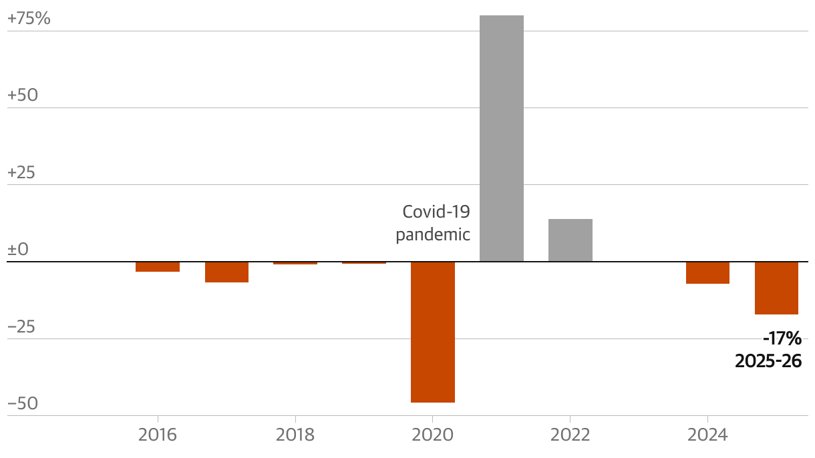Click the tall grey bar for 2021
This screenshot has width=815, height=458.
coord(502,138)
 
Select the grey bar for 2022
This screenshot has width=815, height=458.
coord(570,240)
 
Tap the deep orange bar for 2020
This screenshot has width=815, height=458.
coord(433,332)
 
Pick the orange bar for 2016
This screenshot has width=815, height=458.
coord(158,266)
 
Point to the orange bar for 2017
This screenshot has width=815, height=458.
coord(226,272)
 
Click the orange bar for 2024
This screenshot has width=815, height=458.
coord(707,272)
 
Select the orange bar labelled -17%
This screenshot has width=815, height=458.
coord(776,288)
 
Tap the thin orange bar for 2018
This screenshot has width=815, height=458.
coord(295,263)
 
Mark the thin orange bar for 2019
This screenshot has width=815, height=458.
coord(364,262)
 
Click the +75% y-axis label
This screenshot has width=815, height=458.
coord(29,19)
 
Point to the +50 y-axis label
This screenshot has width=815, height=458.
coord(23,95)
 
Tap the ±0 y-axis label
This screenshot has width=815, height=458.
coord(18,250)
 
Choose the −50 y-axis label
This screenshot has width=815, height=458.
coord(23,404)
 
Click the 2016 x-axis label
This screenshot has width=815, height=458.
coord(158,435)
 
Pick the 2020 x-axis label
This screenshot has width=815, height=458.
coord(433,435)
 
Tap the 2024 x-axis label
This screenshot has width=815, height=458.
coord(707,435)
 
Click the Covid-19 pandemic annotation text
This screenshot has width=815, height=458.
coord(434,224)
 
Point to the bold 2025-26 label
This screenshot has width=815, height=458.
coord(768,361)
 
